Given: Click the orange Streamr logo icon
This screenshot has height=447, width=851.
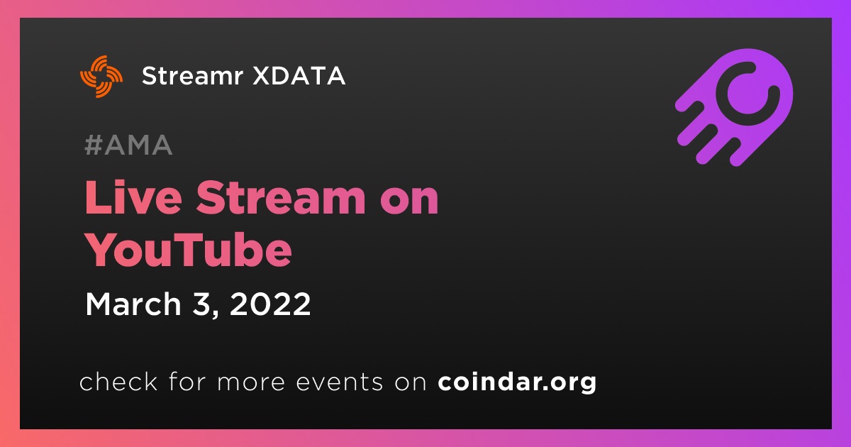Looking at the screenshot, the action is (x=101, y=77).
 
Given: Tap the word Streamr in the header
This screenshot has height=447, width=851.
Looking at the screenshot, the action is (x=192, y=76).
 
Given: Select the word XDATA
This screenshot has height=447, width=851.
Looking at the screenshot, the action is (x=299, y=76).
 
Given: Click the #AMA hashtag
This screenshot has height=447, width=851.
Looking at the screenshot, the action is (x=128, y=145).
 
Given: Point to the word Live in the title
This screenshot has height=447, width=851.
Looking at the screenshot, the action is (x=134, y=198).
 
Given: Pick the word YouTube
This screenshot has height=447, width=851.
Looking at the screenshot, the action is (x=189, y=249).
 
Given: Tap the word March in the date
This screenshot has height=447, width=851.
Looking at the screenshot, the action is (x=133, y=304).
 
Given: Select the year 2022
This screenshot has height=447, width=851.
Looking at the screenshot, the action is (x=270, y=304).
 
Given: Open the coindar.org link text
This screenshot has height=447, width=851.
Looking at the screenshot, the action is (x=517, y=382).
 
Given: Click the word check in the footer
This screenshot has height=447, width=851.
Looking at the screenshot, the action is (x=118, y=382).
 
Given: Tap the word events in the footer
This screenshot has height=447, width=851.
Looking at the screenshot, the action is (x=340, y=382).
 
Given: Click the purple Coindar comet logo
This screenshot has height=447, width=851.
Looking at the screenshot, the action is (x=734, y=107).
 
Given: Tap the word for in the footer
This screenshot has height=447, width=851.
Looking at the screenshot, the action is (x=187, y=382).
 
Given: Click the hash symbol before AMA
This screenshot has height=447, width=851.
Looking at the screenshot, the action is (x=94, y=145).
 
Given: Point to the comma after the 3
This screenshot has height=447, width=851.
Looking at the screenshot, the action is (x=215, y=314).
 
